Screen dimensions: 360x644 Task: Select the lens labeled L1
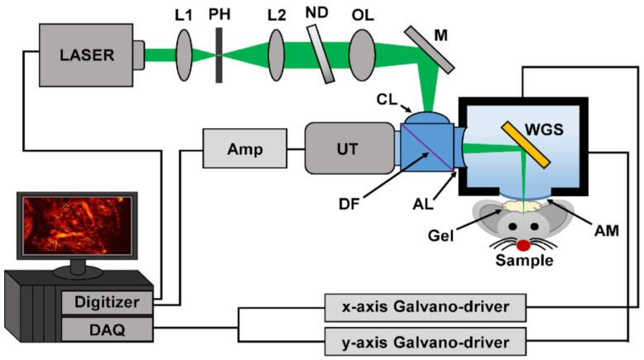[x=185, y=55]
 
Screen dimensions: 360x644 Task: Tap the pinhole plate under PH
[x=219, y=56]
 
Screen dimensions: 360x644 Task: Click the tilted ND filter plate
[x=319, y=55]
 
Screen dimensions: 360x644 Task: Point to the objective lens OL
[x=362, y=55]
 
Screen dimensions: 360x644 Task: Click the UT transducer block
[x=348, y=149]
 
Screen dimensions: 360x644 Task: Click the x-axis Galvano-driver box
[x=424, y=308]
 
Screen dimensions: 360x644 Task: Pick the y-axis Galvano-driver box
[x=424, y=339]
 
